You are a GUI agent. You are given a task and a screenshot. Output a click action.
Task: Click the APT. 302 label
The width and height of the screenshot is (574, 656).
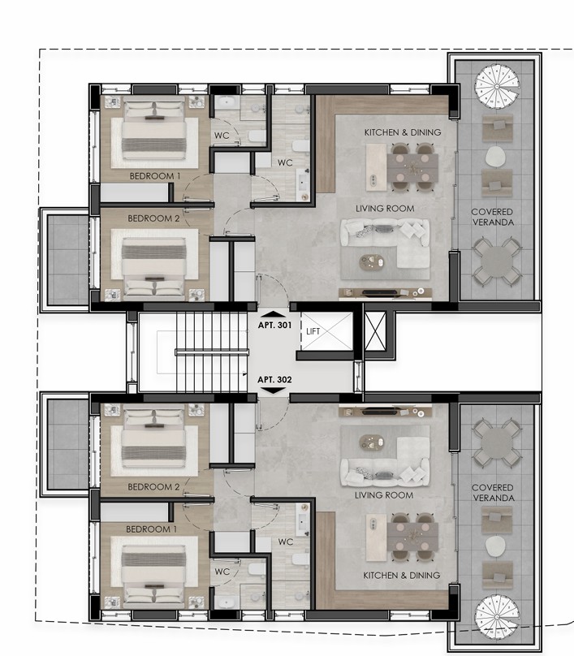(274, 379)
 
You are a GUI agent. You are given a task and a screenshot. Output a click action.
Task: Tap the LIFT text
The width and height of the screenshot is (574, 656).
(313, 331)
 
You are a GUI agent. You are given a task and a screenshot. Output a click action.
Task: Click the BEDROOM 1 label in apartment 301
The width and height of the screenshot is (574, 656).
(154, 175)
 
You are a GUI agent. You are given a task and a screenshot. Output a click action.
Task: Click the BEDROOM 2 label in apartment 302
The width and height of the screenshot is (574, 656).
(153, 487)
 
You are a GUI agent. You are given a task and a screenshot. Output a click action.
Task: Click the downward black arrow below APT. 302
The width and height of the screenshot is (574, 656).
(274, 391)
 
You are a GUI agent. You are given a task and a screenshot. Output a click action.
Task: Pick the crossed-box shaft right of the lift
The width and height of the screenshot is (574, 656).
(377, 332)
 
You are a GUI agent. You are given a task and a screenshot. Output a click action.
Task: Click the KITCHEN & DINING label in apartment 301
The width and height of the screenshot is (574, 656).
(402, 132)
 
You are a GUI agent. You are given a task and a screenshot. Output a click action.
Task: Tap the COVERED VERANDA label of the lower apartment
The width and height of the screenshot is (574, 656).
(492, 493)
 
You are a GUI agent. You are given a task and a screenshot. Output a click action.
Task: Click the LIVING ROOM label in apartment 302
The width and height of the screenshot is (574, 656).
(384, 495)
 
